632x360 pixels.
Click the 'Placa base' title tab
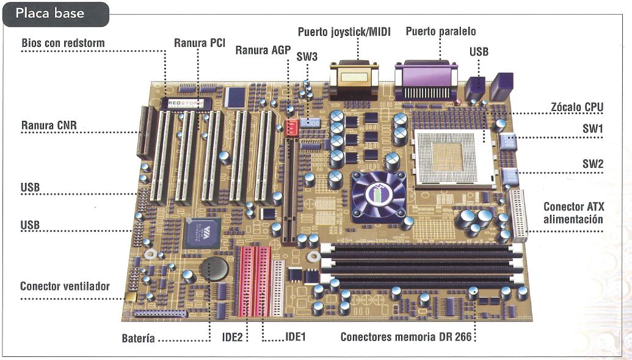(x=50, y=13)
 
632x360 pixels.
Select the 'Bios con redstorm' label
(x=63, y=43)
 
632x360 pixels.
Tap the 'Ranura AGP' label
(x=264, y=50)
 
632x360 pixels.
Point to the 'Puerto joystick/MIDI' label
(x=344, y=32)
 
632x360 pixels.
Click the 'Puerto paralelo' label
(x=440, y=31)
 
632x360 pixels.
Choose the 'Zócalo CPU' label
(x=576, y=107)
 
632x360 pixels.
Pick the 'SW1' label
(x=592, y=130)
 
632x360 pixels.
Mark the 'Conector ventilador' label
(x=65, y=286)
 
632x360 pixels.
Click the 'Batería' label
(x=137, y=338)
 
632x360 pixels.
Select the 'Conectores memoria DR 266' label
(x=406, y=337)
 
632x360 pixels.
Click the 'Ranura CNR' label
(x=52, y=127)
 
